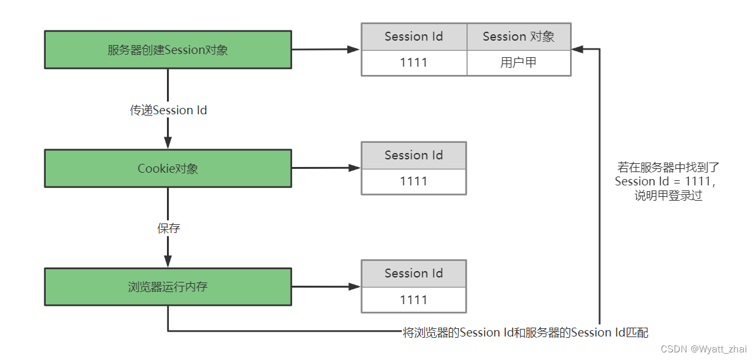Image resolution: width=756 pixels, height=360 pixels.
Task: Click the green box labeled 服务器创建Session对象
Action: coord(168,50)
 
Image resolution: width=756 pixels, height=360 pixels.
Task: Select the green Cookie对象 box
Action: coord(168,168)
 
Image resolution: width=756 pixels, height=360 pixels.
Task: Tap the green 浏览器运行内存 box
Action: coord(168,286)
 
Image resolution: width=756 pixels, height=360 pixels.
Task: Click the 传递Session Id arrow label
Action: coord(168,110)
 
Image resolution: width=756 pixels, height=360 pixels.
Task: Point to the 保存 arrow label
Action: coord(168,228)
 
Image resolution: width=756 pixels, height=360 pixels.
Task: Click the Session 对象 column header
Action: coord(519,37)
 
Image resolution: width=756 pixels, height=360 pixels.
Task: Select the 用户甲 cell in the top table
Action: coord(519,62)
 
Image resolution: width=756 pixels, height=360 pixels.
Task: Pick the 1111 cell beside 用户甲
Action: coord(414,62)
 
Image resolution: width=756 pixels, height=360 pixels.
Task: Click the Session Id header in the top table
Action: coord(414,37)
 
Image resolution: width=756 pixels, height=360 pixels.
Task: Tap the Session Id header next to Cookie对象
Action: coord(414,156)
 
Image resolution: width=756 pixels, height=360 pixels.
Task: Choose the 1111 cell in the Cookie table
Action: coord(414,182)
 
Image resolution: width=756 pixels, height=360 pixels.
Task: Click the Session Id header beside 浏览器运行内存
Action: coord(414,274)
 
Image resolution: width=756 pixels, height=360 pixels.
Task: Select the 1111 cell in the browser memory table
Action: coord(414,300)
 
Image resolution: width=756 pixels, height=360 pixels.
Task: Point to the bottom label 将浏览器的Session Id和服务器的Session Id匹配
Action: coord(526,332)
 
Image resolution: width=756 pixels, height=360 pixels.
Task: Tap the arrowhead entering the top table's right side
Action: coord(578,49)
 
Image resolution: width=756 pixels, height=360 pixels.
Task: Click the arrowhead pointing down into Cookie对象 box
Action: coord(168,143)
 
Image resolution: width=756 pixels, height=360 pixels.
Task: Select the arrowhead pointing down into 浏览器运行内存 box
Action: coord(168,261)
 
